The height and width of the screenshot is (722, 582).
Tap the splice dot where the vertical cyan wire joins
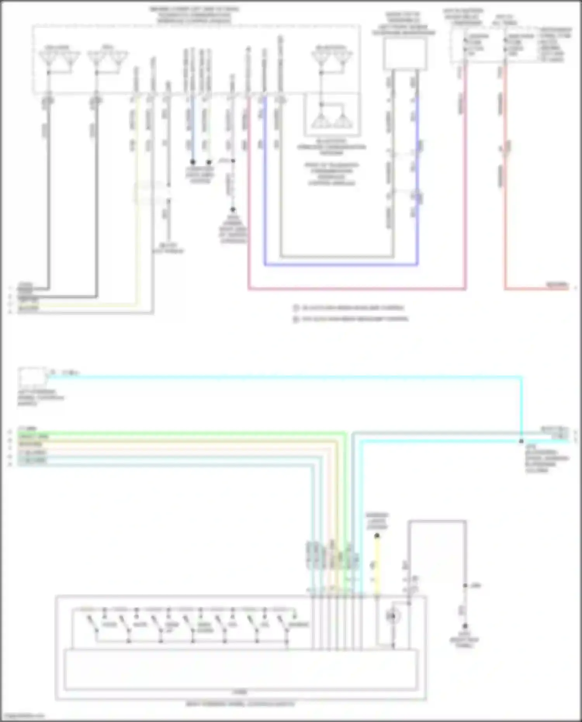pyautogui.click(x=521, y=442)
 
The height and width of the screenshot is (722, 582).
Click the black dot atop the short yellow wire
pyautogui.click(x=377, y=536)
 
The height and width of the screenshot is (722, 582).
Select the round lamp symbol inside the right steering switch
pyautogui.click(x=392, y=616)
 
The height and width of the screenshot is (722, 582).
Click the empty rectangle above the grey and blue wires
pyautogui.click(x=405, y=54)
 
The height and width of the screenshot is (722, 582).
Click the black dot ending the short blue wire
pyautogui.click(x=192, y=162)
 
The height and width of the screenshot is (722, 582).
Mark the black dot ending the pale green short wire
pyautogui.click(x=209, y=162)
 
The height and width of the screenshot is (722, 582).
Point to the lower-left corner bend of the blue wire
pyautogui.click(x=265, y=265)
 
